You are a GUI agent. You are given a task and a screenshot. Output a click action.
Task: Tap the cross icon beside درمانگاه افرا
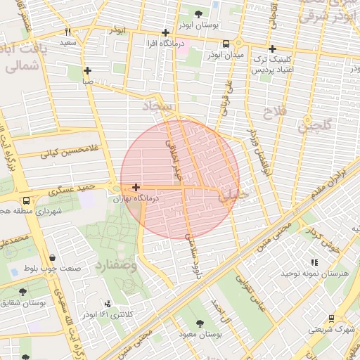point(165,32)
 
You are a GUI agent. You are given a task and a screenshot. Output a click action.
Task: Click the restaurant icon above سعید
point(68,32)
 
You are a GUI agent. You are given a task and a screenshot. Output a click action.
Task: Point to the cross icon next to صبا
point(87,70)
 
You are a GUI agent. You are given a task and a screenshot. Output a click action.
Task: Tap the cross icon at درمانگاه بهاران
point(135,187)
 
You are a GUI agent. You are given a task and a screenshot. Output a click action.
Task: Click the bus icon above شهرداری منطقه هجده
point(26,200)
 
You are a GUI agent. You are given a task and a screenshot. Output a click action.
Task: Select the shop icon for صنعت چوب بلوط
point(55,257)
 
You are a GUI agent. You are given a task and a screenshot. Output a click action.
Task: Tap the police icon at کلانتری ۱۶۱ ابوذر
point(108,304)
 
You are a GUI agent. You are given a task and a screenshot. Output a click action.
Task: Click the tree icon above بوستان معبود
point(202,323)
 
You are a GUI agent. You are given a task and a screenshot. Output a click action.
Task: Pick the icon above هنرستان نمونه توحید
point(314,262)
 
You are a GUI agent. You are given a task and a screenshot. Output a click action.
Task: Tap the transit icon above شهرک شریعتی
point(311,318)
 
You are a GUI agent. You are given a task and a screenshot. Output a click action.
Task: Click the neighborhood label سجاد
point(157,106)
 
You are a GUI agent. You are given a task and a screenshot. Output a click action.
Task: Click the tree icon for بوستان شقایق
point(23,292)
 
